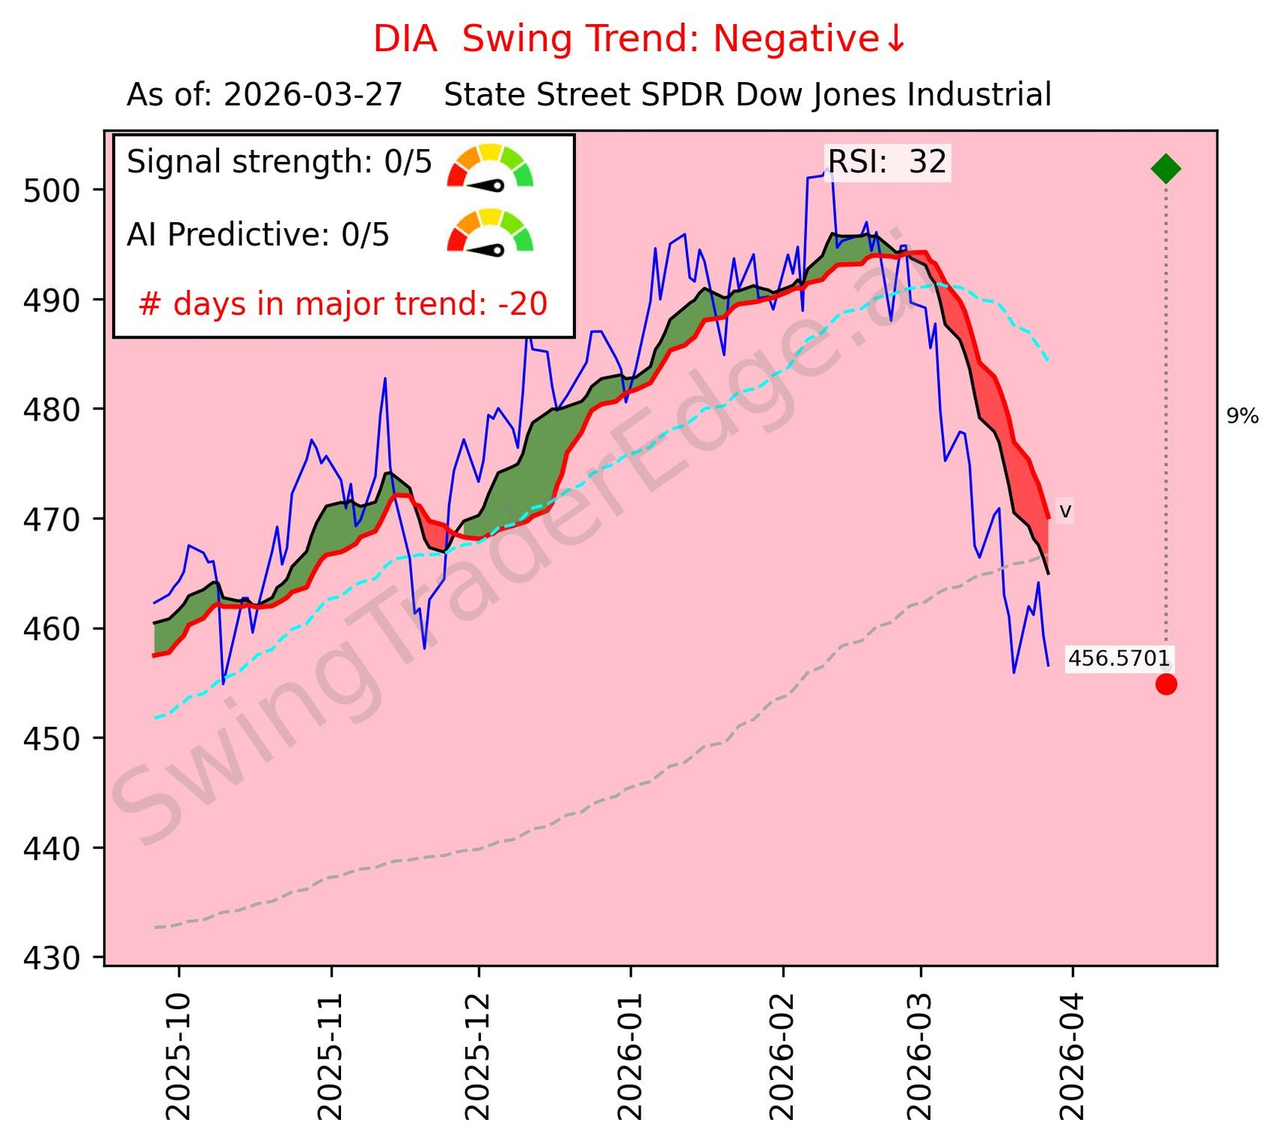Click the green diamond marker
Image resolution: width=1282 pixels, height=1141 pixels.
(x=1166, y=169)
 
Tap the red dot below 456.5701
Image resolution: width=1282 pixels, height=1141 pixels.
(x=1166, y=684)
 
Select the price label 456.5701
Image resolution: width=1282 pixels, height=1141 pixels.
(x=1119, y=659)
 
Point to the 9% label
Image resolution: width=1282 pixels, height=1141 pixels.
(x=1242, y=416)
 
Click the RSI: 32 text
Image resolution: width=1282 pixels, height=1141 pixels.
(x=887, y=163)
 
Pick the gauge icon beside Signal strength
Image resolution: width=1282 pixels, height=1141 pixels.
(x=490, y=166)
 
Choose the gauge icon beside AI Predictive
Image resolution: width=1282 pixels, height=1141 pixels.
(x=490, y=232)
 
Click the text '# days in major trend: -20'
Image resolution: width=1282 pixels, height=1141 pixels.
(x=343, y=304)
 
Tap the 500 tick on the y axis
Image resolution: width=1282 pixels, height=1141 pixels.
(x=51, y=191)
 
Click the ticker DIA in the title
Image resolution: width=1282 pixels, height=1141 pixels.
(x=405, y=39)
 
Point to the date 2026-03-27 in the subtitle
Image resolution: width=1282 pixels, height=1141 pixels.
(x=313, y=96)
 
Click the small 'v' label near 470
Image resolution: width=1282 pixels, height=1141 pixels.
(x=1064, y=512)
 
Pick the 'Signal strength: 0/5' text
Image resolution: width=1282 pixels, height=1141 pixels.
(x=279, y=163)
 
